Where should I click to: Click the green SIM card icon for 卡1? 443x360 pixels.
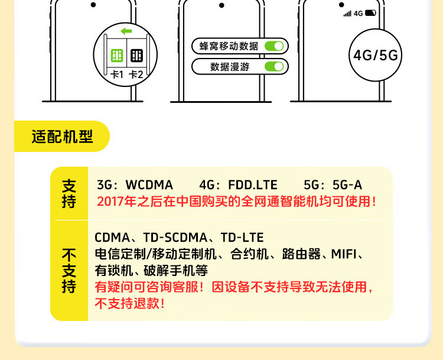click(116, 56)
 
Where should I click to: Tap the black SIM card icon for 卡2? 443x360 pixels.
click(136, 56)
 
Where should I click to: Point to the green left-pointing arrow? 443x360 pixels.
click(126, 31)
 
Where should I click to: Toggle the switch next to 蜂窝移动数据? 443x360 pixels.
click(274, 46)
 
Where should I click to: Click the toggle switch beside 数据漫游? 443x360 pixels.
click(274, 66)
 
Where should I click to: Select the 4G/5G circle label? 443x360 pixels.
click(376, 55)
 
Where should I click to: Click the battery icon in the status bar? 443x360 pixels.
click(370, 12)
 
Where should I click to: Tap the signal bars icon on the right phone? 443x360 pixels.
click(347, 13)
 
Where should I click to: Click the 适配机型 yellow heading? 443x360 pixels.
click(62, 137)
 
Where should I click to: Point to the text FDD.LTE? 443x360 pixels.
click(254, 185)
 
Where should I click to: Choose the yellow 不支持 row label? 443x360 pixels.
click(69, 271)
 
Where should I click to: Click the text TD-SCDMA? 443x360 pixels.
click(177, 238)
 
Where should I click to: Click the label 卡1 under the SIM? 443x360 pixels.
click(116, 74)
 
